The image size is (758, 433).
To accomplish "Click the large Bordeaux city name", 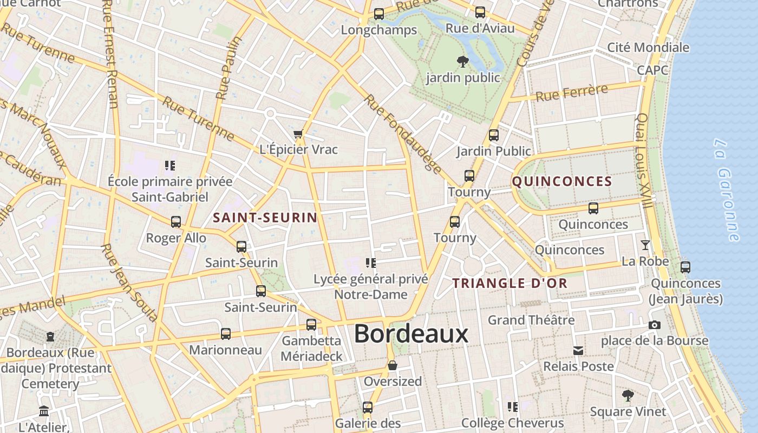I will point(411,334).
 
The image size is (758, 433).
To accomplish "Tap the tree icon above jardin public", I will point(462,61).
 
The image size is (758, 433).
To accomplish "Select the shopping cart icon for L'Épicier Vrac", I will point(298,134).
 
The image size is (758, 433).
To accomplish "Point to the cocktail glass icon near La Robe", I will point(645,245).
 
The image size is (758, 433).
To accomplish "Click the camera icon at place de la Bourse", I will point(654,325).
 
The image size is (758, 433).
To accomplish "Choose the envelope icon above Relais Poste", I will point(578,351).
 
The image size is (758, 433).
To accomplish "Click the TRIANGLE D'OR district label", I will point(509,283).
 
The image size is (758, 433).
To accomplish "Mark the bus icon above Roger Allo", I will point(176,222).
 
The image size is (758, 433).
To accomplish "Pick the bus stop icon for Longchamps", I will point(379,14).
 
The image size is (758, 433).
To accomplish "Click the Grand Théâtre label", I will point(531,320).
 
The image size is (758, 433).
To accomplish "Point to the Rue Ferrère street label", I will point(571,93).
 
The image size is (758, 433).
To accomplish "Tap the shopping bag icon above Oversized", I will point(393,366).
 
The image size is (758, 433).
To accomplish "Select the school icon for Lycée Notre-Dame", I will point(371,263).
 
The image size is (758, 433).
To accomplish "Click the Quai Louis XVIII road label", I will point(643,160).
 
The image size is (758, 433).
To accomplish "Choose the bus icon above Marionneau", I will point(226,334).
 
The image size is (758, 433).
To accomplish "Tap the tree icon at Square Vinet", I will point(628,395).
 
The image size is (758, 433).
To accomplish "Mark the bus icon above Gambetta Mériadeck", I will point(311,325).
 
